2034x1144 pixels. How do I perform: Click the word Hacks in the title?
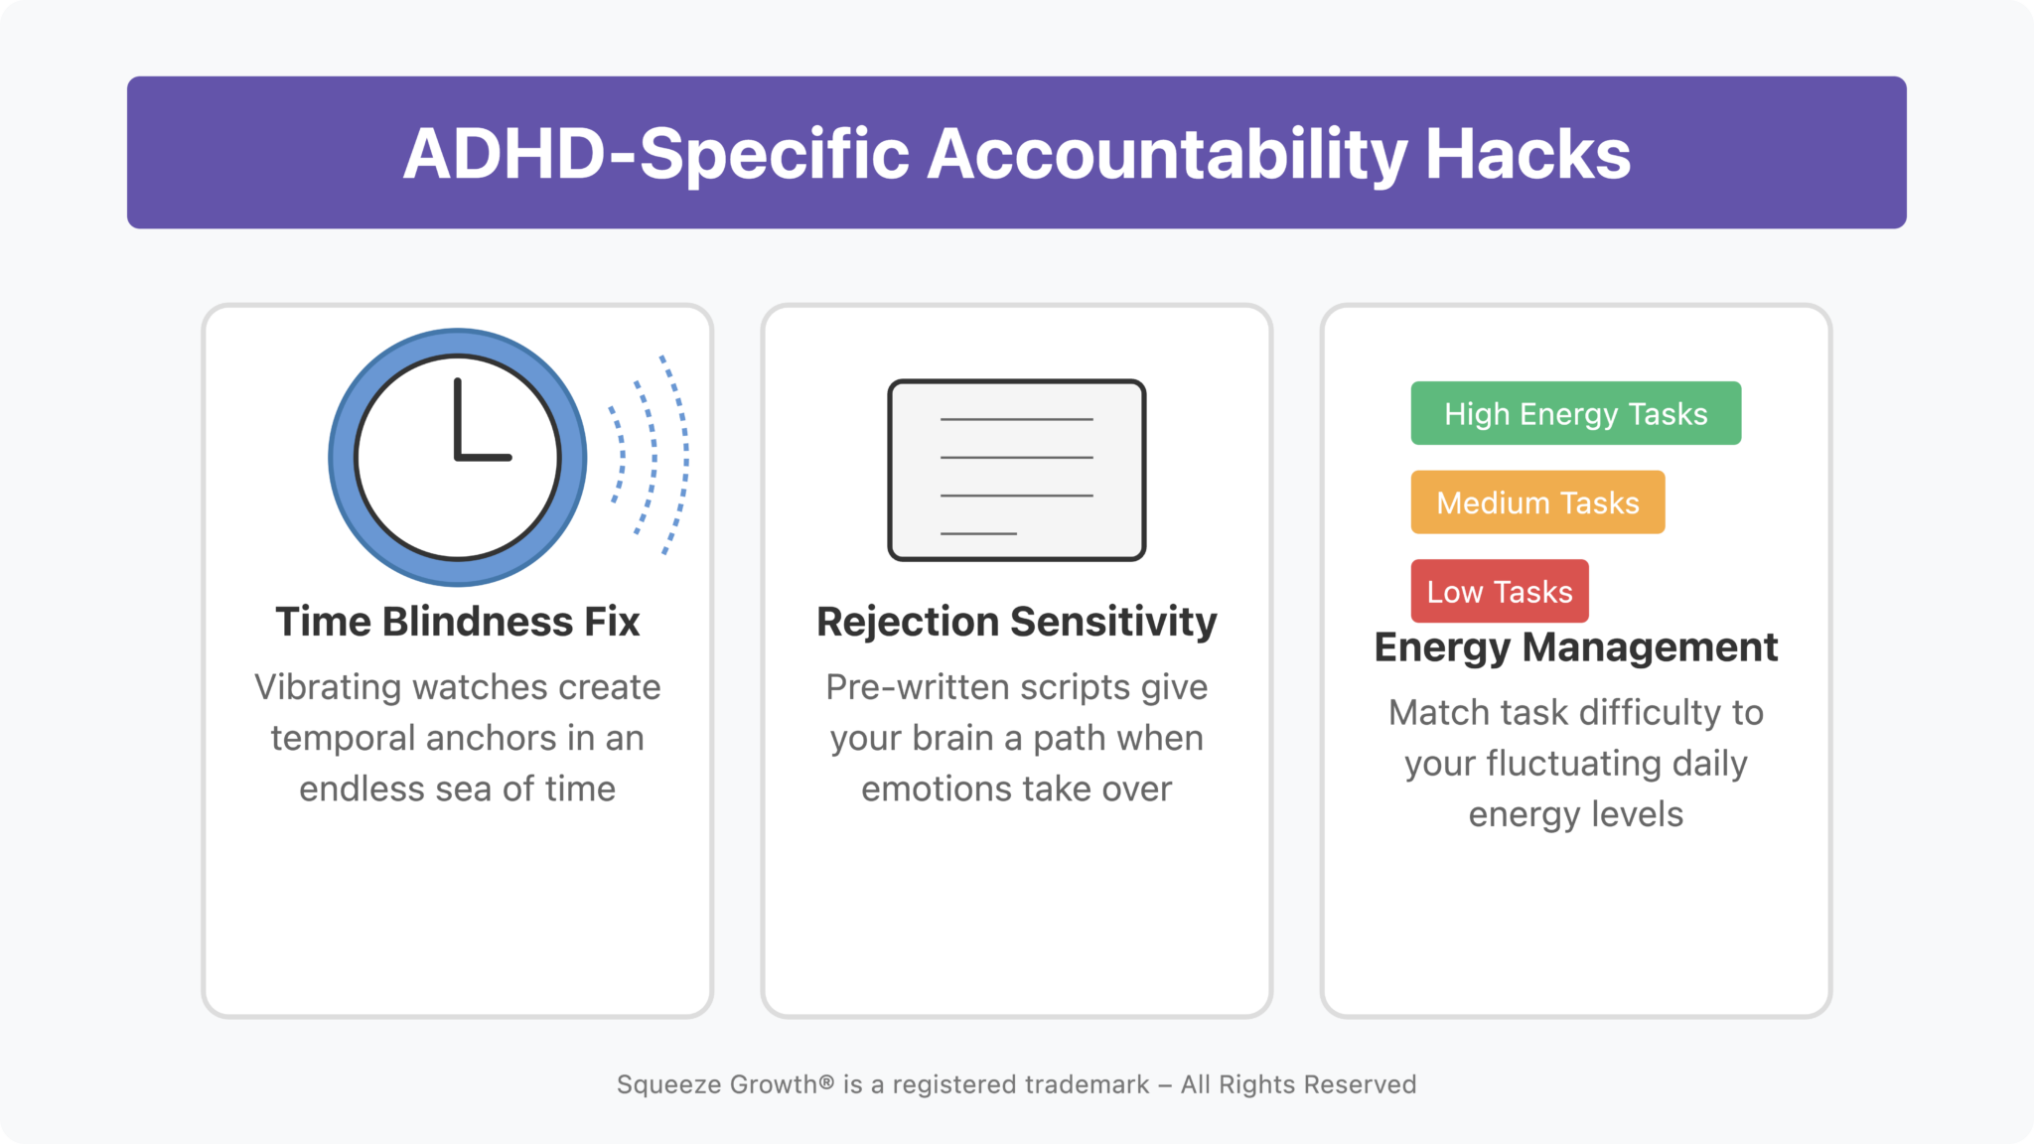coord(1527,154)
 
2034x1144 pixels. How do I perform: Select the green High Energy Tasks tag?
coord(1575,413)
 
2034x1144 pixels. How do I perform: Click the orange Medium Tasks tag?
coord(1537,502)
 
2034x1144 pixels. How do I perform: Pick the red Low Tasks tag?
coord(1499,592)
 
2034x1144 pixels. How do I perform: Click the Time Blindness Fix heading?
coord(457,622)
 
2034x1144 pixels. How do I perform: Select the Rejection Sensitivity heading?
coord(1016,622)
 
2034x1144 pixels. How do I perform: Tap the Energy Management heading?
coord(1575,647)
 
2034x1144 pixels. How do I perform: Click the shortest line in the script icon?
coord(978,533)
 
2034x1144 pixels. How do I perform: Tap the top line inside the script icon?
coord(1016,419)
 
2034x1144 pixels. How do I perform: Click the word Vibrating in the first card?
coord(328,687)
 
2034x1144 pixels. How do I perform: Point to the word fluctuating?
coord(1573,764)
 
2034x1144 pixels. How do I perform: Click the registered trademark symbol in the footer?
coord(826,1081)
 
